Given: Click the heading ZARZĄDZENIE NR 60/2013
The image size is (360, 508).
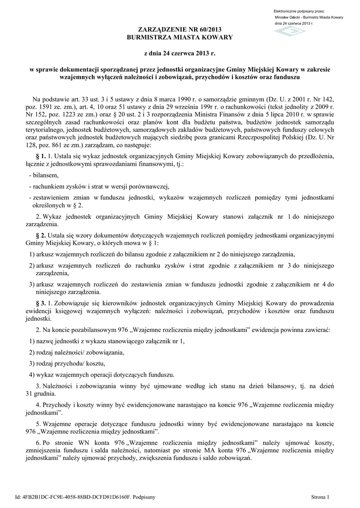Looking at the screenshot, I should pyautogui.click(x=180, y=31).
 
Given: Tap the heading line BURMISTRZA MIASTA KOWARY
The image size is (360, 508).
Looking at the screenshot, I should pyautogui.click(x=180, y=38).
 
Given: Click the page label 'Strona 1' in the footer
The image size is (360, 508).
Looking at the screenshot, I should pyautogui.click(x=320, y=496).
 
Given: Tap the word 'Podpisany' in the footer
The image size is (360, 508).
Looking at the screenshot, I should pyautogui.click(x=144, y=496).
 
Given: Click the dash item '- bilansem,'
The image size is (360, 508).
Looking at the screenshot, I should pyautogui.click(x=44, y=175).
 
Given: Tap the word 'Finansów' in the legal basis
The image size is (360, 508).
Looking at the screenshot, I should pyautogui.click(x=234, y=114).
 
